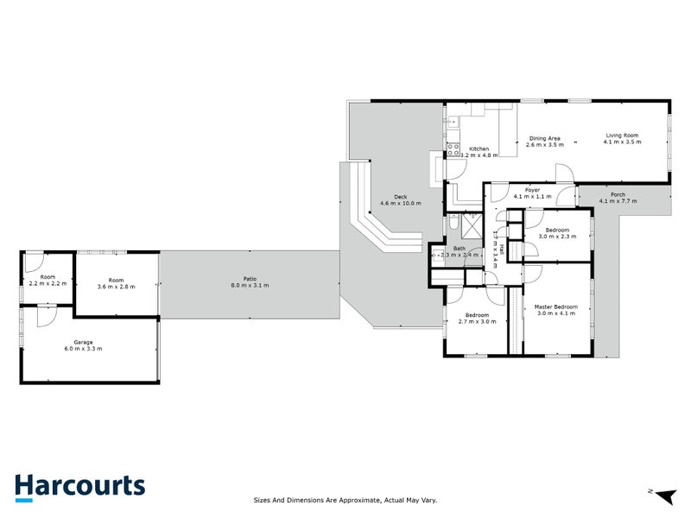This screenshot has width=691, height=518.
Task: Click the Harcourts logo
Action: point(79,486)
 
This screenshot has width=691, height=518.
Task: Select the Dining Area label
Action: point(545,138)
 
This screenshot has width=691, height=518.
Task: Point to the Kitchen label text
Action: point(479,148)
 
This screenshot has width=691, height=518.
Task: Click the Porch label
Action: point(618,194)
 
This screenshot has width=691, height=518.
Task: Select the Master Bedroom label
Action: point(555,307)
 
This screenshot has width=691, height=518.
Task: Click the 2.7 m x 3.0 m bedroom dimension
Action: point(477,321)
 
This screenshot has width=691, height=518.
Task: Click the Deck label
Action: point(401,197)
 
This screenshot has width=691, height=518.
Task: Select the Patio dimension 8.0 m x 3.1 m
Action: point(250,286)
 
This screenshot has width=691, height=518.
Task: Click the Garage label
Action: point(83,342)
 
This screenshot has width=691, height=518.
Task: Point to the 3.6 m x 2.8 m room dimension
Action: point(116,286)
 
